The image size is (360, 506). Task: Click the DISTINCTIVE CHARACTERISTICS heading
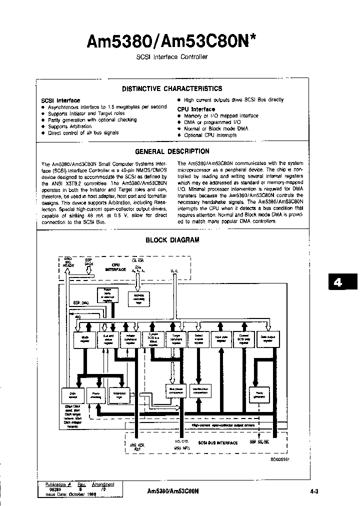pos(172,89)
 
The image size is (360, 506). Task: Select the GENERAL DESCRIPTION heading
pos(172,151)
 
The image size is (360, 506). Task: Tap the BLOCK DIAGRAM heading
pos(172,240)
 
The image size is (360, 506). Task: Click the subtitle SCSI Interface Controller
pos(172,57)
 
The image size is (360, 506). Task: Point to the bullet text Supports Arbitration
pos(70,126)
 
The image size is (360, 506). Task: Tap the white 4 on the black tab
pos(338,282)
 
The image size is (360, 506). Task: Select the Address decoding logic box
pos(142,298)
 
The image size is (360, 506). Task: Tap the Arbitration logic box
pos(119,394)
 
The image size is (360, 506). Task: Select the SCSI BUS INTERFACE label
pos(217,442)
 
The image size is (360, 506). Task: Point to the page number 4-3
pos(314,491)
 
